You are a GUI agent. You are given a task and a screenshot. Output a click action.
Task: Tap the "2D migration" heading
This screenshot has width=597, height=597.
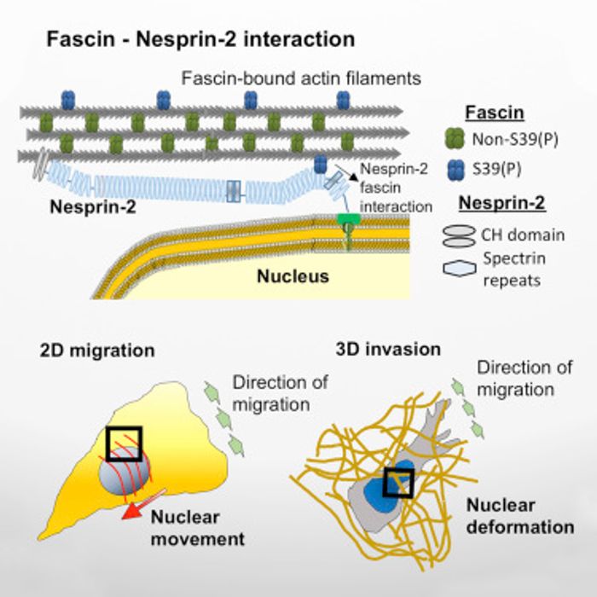coord(96,351)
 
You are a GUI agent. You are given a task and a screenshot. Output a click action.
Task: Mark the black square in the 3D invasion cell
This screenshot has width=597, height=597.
coord(399,484)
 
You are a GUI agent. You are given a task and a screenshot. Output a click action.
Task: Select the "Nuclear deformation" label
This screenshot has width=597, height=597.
coord(519,517)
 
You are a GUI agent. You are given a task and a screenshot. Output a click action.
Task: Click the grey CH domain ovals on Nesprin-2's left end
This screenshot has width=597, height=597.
coord(40,168)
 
